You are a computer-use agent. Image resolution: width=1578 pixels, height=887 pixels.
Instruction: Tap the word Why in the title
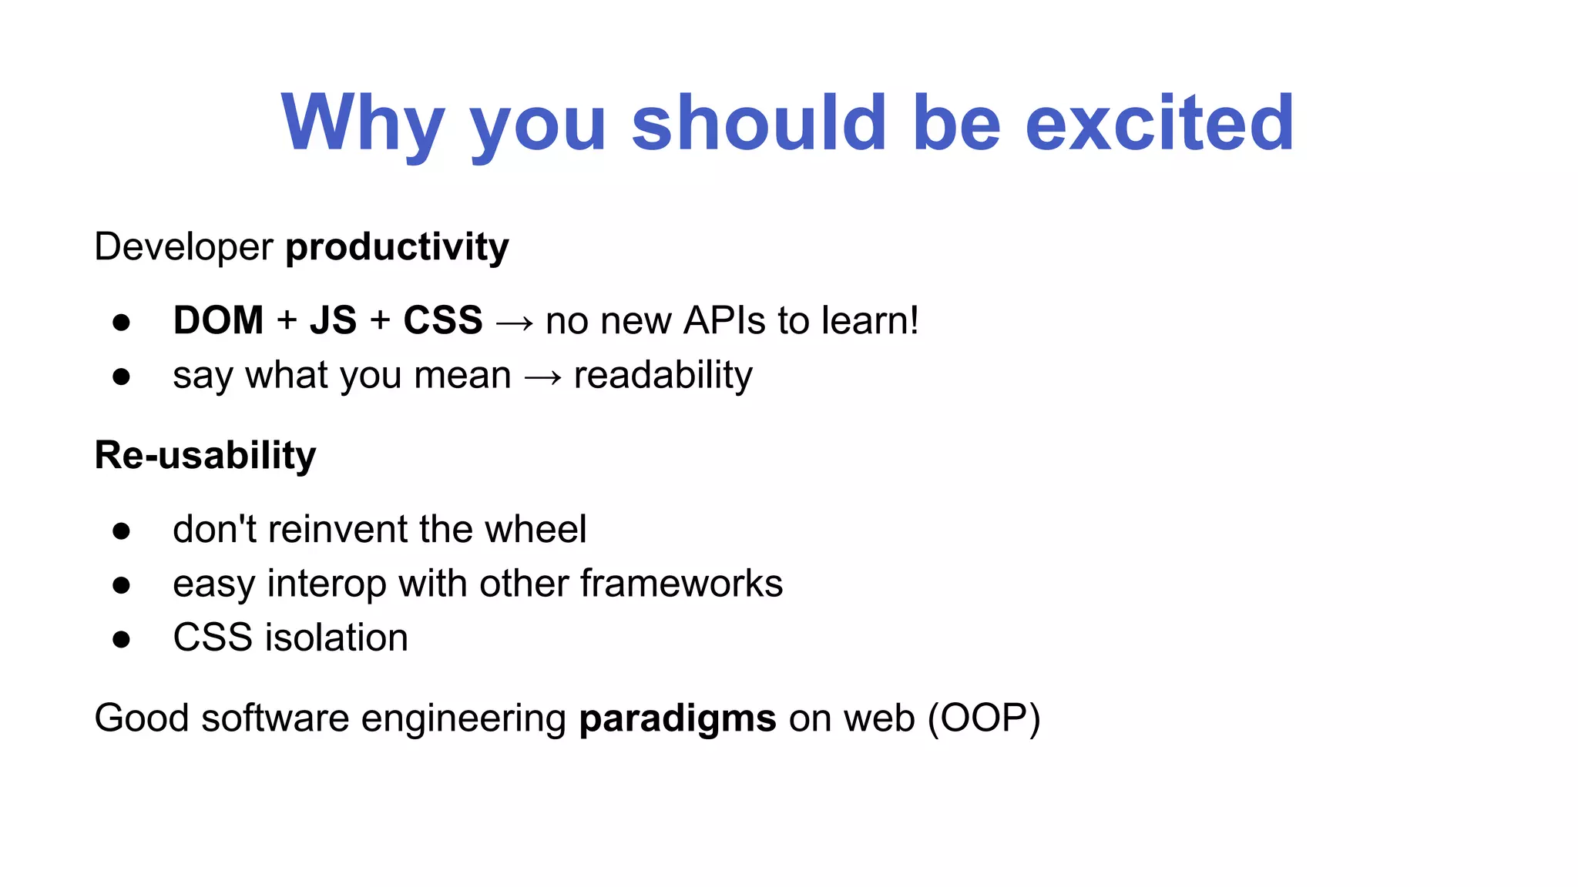pyautogui.click(x=363, y=123)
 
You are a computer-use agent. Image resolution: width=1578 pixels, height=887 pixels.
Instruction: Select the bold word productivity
pyautogui.click(x=397, y=248)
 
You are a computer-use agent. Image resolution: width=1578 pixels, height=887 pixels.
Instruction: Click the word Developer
pyautogui.click(x=183, y=248)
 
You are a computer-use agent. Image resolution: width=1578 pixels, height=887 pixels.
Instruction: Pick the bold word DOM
pyautogui.click(x=218, y=320)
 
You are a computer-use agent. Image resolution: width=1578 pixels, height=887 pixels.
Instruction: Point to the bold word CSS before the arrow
pyautogui.click(x=443, y=320)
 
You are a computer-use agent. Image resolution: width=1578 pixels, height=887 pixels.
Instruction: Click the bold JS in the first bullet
pyautogui.click(x=333, y=320)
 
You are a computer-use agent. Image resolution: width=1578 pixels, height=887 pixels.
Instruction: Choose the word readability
pyautogui.click(x=663, y=376)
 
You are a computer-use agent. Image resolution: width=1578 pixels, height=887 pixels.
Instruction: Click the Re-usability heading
pyautogui.click(x=205, y=455)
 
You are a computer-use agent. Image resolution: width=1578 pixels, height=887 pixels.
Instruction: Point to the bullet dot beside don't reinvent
pyautogui.click(x=121, y=531)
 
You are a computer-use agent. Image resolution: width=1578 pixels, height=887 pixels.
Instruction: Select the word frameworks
pyautogui.click(x=681, y=584)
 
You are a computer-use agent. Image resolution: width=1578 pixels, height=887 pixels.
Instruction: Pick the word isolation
pyautogui.click(x=336, y=638)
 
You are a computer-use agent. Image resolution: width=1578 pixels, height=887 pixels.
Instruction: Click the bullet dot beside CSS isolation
pyautogui.click(x=121, y=639)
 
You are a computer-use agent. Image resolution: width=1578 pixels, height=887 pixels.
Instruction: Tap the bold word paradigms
pyautogui.click(x=677, y=719)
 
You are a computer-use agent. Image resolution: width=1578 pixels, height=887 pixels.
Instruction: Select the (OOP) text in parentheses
pyautogui.click(x=984, y=718)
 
